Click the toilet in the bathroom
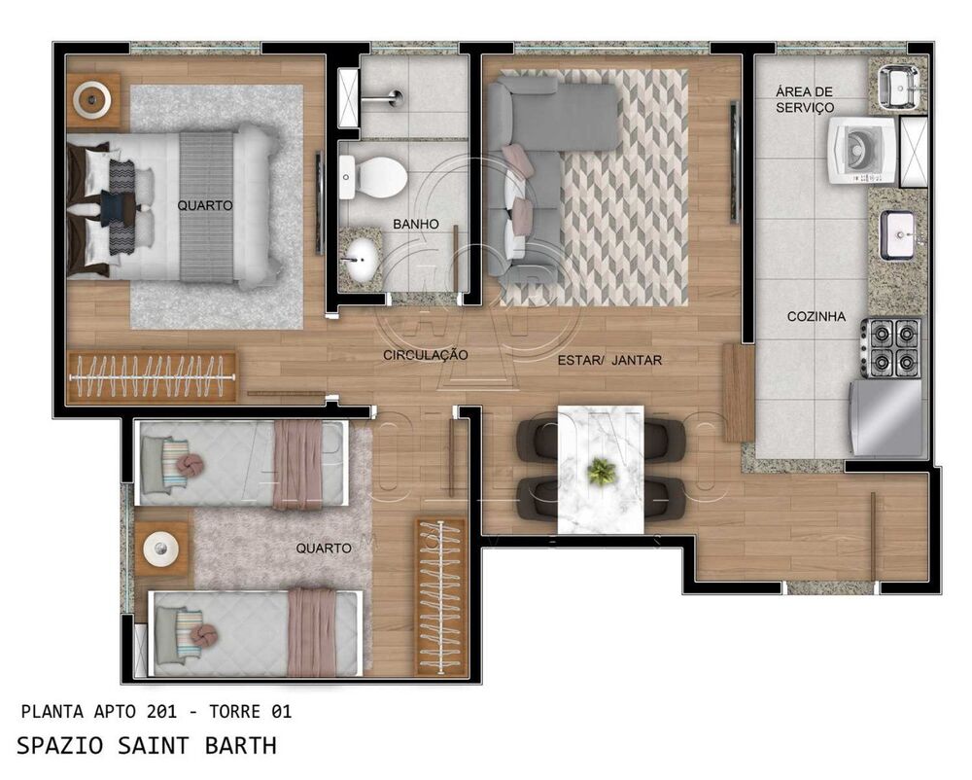pyautogui.click(x=372, y=177)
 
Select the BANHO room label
pyautogui.click(x=415, y=224)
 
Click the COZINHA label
pyautogui.click(x=816, y=316)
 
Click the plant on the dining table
pyautogui.click(x=602, y=472)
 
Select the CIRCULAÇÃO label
pyautogui.click(x=426, y=355)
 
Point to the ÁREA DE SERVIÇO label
pyautogui.click(x=804, y=99)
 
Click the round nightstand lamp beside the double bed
pyautogui.click(x=93, y=97)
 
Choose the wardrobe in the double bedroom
pyautogui.click(x=152, y=376)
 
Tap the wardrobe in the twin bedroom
pyautogui.click(x=441, y=595)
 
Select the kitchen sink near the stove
pyautogui.click(x=897, y=234)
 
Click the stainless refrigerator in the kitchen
pyautogui.click(x=886, y=416)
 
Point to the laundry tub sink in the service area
pyautogui.click(x=898, y=87)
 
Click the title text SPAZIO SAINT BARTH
pyautogui.click(x=147, y=746)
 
